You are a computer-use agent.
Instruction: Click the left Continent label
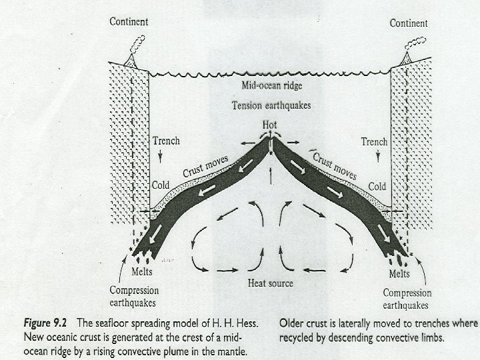[129, 22]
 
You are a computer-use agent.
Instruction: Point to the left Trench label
[166, 142]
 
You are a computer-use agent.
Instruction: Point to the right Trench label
[374, 142]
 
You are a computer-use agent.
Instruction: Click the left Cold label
[161, 185]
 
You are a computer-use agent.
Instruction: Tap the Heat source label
[271, 283]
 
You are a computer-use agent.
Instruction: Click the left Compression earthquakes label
[134, 296]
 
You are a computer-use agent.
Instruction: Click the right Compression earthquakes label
[407, 298]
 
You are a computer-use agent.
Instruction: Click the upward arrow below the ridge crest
[269, 175]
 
